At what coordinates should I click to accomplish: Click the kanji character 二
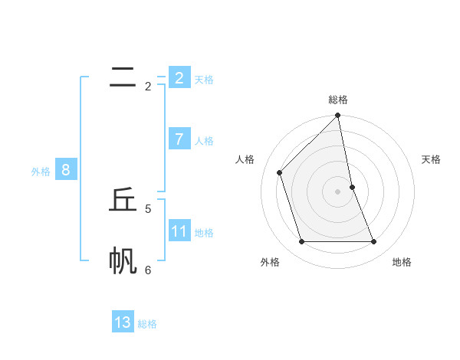click(123, 77)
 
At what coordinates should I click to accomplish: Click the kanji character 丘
click(123, 200)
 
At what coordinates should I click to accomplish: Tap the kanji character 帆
click(123, 261)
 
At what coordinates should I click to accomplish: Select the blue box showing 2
click(179, 77)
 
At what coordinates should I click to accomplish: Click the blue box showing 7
click(179, 139)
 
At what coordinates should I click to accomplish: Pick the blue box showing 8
click(65, 170)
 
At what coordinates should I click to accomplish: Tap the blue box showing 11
click(179, 231)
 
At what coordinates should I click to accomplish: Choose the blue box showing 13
click(123, 322)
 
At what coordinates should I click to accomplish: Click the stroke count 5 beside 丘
click(148, 208)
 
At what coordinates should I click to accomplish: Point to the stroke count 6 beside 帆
click(148, 270)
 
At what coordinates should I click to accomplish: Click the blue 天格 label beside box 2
click(204, 80)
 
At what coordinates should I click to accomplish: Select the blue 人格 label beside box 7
click(204, 141)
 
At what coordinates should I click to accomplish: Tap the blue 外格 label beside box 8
click(41, 172)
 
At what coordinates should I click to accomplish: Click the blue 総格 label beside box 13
click(147, 324)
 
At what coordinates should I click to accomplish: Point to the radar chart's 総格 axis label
click(338, 100)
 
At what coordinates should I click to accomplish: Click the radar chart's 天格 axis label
click(431, 159)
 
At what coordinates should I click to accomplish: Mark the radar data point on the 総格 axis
click(338, 116)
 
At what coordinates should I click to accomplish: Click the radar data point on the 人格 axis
click(280, 172)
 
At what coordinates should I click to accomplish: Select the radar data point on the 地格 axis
click(374, 241)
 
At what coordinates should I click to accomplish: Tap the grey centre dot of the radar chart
click(338, 191)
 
